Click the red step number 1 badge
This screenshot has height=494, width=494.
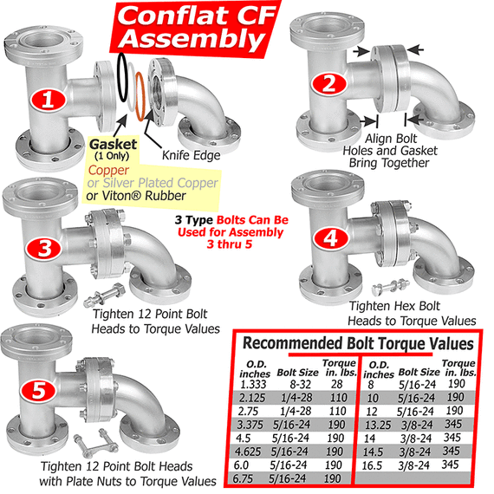(49, 100)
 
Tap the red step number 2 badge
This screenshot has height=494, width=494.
(329, 83)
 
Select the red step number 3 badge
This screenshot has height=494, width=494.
(44, 248)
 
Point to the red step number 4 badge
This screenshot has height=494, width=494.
(331, 237)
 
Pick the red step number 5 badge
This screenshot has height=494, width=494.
(39, 390)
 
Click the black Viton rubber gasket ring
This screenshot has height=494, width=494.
(123, 77)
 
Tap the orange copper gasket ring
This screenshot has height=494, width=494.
(140, 96)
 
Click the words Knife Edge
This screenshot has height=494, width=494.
(192, 155)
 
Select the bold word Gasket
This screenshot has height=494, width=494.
(114, 144)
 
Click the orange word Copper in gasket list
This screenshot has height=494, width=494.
(108, 170)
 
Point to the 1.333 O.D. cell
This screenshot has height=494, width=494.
(253, 384)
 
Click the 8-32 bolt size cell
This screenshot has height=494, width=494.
(300, 384)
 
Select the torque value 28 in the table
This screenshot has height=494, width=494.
(337, 384)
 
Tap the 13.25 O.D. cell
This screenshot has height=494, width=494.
(378, 426)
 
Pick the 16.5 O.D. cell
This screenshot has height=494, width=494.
(372, 465)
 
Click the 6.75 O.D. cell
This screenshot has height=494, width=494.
(243, 479)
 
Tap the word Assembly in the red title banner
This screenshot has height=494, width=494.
(192, 39)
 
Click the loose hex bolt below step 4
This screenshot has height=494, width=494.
(391, 287)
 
